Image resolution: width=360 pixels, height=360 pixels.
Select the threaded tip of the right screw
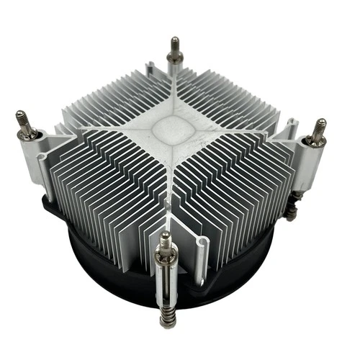(x=319, y=127)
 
